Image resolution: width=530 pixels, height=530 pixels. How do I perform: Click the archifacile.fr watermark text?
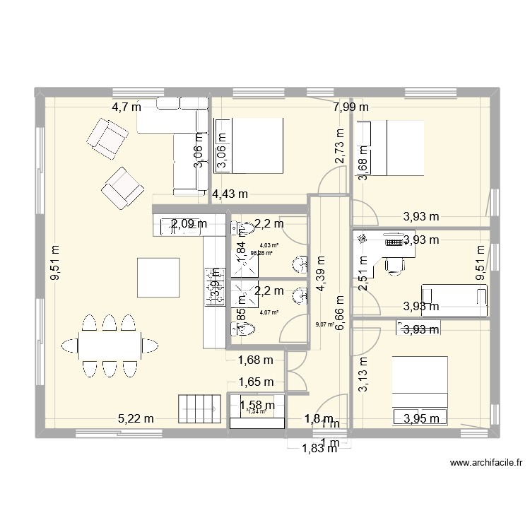tap(485, 464)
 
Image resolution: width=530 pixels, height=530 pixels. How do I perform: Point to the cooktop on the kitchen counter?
tap(213, 287)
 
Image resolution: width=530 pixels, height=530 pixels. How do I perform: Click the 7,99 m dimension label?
tap(351, 107)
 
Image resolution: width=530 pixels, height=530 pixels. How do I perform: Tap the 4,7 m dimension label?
tap(126, 107)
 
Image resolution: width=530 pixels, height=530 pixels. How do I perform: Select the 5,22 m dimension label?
tap(136, 418)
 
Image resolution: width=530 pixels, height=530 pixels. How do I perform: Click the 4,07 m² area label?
tap(269, 312)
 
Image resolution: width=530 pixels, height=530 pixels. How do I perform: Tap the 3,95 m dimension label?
tap(421, 418)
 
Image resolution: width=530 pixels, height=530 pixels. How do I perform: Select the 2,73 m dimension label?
tap(340, 147)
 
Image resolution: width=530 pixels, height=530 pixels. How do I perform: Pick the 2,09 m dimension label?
tap(189, 224)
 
